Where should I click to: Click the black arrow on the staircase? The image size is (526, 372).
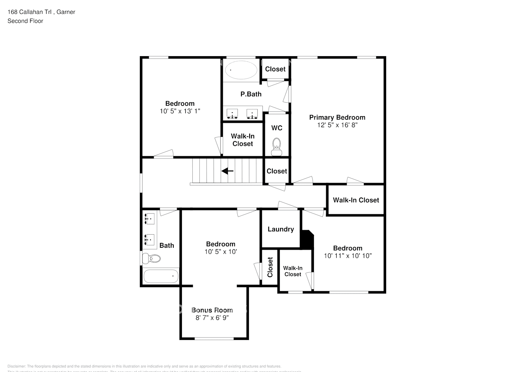(227, 171)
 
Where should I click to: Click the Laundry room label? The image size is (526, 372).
(280, 229)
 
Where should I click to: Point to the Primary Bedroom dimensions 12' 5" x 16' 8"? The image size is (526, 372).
(337, 125)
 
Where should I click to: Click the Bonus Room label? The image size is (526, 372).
(212, 310)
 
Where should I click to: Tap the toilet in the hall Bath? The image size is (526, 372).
(152, 258)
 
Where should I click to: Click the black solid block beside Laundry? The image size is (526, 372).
(307, 240)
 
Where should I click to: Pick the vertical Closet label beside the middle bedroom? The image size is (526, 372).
(270, 267)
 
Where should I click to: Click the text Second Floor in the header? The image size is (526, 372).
(25, 21)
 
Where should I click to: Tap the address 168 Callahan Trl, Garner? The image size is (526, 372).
(41, 12)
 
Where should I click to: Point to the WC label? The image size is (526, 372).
(277, 128)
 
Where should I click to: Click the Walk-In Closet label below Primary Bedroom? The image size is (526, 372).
(356, 200)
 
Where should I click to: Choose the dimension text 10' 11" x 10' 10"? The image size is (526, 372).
(348, 256)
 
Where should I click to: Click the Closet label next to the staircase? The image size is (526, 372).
(277, 171)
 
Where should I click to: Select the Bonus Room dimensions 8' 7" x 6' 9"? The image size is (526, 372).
(212, 318)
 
